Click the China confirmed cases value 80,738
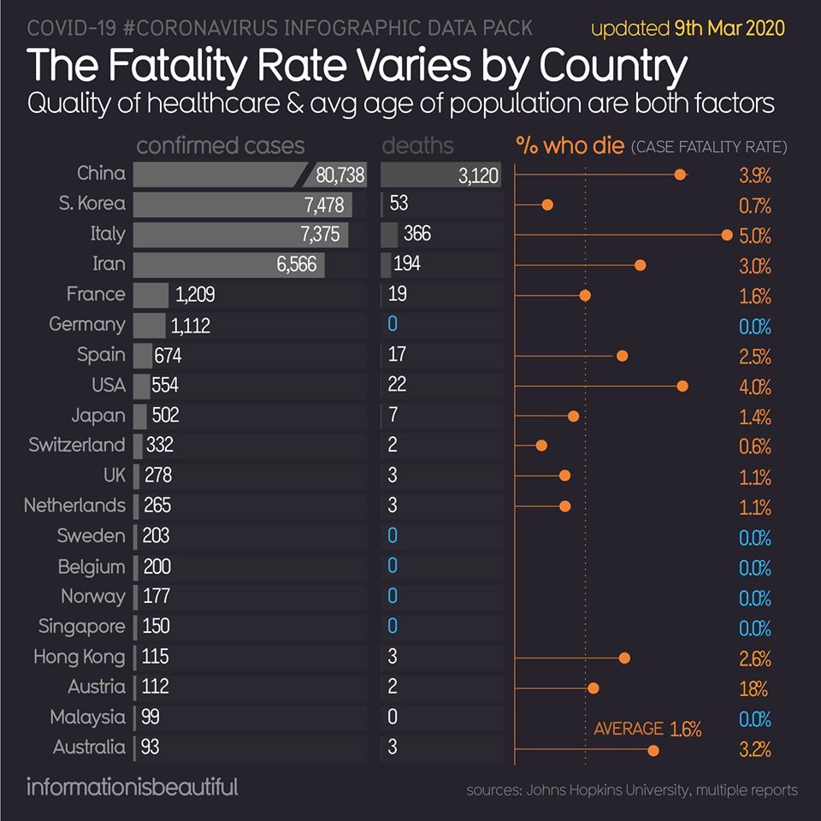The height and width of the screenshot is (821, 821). pyautogui.click(x=340, y=174)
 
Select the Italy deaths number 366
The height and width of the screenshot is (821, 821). pyautogui.click(x=416, y=234)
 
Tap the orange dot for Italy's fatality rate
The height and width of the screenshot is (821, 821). pyautogui.click(x=727, y=234)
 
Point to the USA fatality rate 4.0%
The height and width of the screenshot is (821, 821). pyautogui.click(x=755, y=387)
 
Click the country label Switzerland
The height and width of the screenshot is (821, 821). pyautogui.click(x=77, y=445)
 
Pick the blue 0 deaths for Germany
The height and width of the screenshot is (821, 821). pyautogui.click(x=393, y=325)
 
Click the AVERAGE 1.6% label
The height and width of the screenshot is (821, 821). pyautogui.click(x=647, y=729)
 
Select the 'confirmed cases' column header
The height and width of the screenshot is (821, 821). pyautogui.click(x=220, y=146)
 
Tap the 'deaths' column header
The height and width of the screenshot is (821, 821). pyautogui.click(x=417, y=146)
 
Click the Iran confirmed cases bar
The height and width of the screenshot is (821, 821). pyautogui.click(x=228, y=264)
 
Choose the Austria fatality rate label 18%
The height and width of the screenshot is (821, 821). pyautogui.click(x=755, y=688)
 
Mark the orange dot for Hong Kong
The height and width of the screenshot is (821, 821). pyautogui.click(x=624, y=658)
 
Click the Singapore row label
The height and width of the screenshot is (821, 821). pyautogui.click(x=82, y=627)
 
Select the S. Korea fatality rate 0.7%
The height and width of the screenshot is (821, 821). pyautogui.click(x=755, y=206)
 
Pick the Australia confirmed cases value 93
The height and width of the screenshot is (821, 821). pyautogui.click(x=151, y=747)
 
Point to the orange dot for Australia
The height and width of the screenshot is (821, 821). pyautogui.click(x=653, y=750)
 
